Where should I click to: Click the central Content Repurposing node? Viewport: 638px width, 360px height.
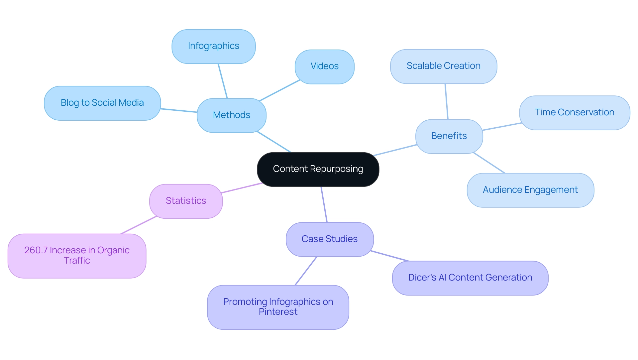(318, 169)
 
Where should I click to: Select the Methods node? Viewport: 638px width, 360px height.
(232, 115)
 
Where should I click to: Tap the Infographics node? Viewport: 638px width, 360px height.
(214, 46)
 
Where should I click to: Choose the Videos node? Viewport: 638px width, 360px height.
(325, 66)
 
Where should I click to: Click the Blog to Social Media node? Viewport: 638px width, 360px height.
(102, 103)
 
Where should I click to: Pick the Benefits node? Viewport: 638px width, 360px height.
(449, 136)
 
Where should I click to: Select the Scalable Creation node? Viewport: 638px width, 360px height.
(444, 66)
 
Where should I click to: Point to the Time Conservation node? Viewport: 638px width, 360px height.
(575, 113)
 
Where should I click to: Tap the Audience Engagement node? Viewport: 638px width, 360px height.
(530, 190)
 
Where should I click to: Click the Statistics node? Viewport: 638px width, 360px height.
(186, 201)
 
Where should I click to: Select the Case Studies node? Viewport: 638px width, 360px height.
(330, 239)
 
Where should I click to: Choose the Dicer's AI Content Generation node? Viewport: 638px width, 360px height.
(470, 278)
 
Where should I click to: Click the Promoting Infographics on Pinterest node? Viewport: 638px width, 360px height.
(278, 307)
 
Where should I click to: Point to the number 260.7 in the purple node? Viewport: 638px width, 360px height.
(36, 250)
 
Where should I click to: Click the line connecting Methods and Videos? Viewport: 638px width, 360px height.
(280, 90)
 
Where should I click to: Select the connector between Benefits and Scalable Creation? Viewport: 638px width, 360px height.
(447, 101)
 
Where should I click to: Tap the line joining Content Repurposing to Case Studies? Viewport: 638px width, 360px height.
(324, 204)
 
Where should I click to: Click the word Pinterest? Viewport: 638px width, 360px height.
(278, 312)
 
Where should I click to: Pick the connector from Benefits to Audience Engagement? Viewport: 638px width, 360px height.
(489, 163)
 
